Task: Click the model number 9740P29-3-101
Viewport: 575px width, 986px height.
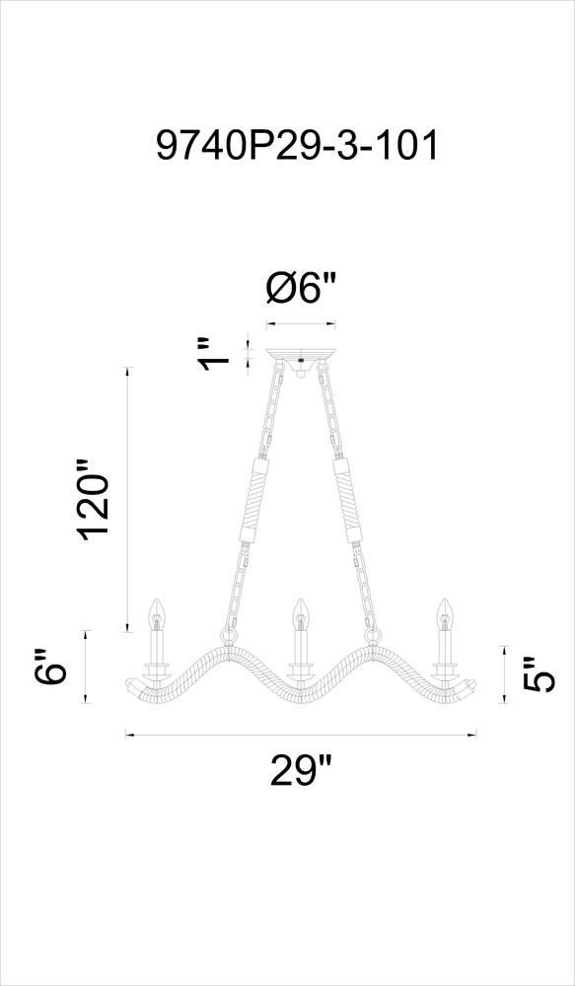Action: pos(296,145)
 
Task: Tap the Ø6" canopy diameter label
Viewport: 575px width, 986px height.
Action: pos(302,291)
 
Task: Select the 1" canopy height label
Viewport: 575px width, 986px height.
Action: pos(215,353)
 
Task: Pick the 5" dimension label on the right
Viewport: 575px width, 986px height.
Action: pos(539,674)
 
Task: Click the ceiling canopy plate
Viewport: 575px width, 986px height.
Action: pos(301,354)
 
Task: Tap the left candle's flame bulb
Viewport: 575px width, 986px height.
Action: pos(156,614)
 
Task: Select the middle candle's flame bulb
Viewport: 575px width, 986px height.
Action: pos(301,614)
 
